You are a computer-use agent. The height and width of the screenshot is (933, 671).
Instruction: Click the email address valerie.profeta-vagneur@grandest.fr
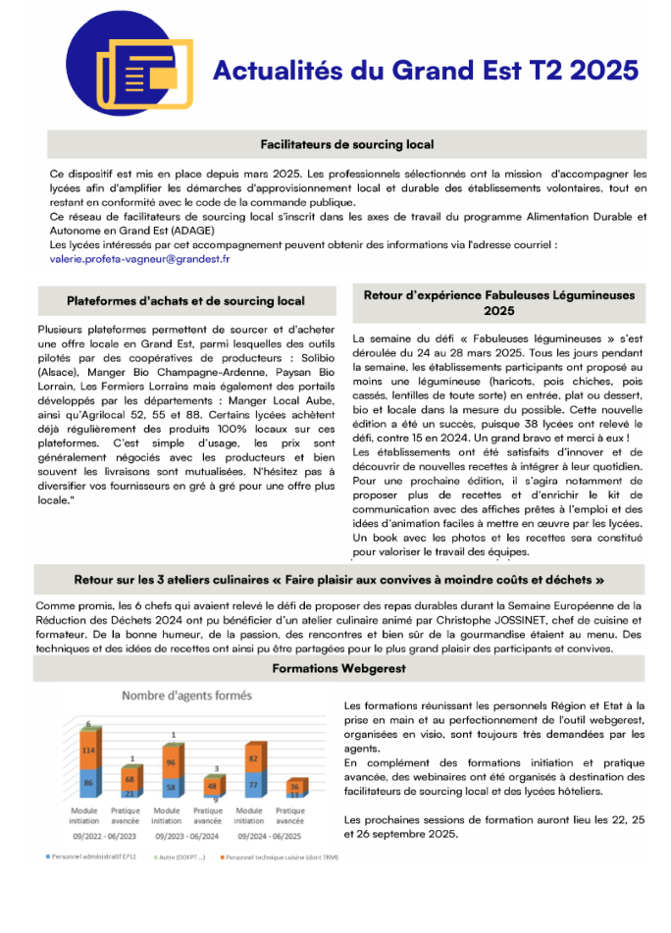[x=139, y=259]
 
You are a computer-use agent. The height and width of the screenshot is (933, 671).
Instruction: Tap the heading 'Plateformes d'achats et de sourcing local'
[x=186, y=301]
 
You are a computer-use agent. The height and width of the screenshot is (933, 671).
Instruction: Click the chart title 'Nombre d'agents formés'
[x=186, y=696]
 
